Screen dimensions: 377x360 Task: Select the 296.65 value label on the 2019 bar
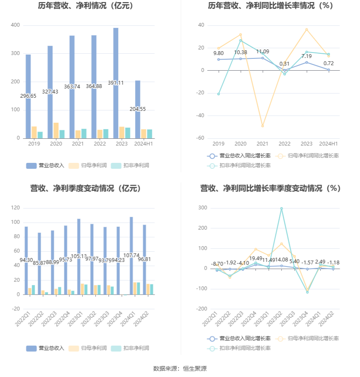(x=28, y=96)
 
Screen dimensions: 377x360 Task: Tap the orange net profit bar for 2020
(x=56, y=130)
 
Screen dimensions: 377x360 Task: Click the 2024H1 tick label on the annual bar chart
(x=143, y=144)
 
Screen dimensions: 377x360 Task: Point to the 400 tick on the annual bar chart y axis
(x=15, y=25)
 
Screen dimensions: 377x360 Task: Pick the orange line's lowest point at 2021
(x=262, y=126)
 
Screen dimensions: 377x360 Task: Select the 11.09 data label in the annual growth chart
(x=262, y=52)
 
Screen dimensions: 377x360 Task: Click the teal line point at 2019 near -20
(x=219, y=94)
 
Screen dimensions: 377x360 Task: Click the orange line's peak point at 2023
(x=306, y=30)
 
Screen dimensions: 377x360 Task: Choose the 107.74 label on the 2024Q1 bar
(x=131, y=256)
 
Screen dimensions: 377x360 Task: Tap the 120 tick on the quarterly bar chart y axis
(x=15, y=208)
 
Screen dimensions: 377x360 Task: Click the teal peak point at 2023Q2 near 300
(x=281, y=209)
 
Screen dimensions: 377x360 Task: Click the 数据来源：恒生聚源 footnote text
(x=180, y=369)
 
